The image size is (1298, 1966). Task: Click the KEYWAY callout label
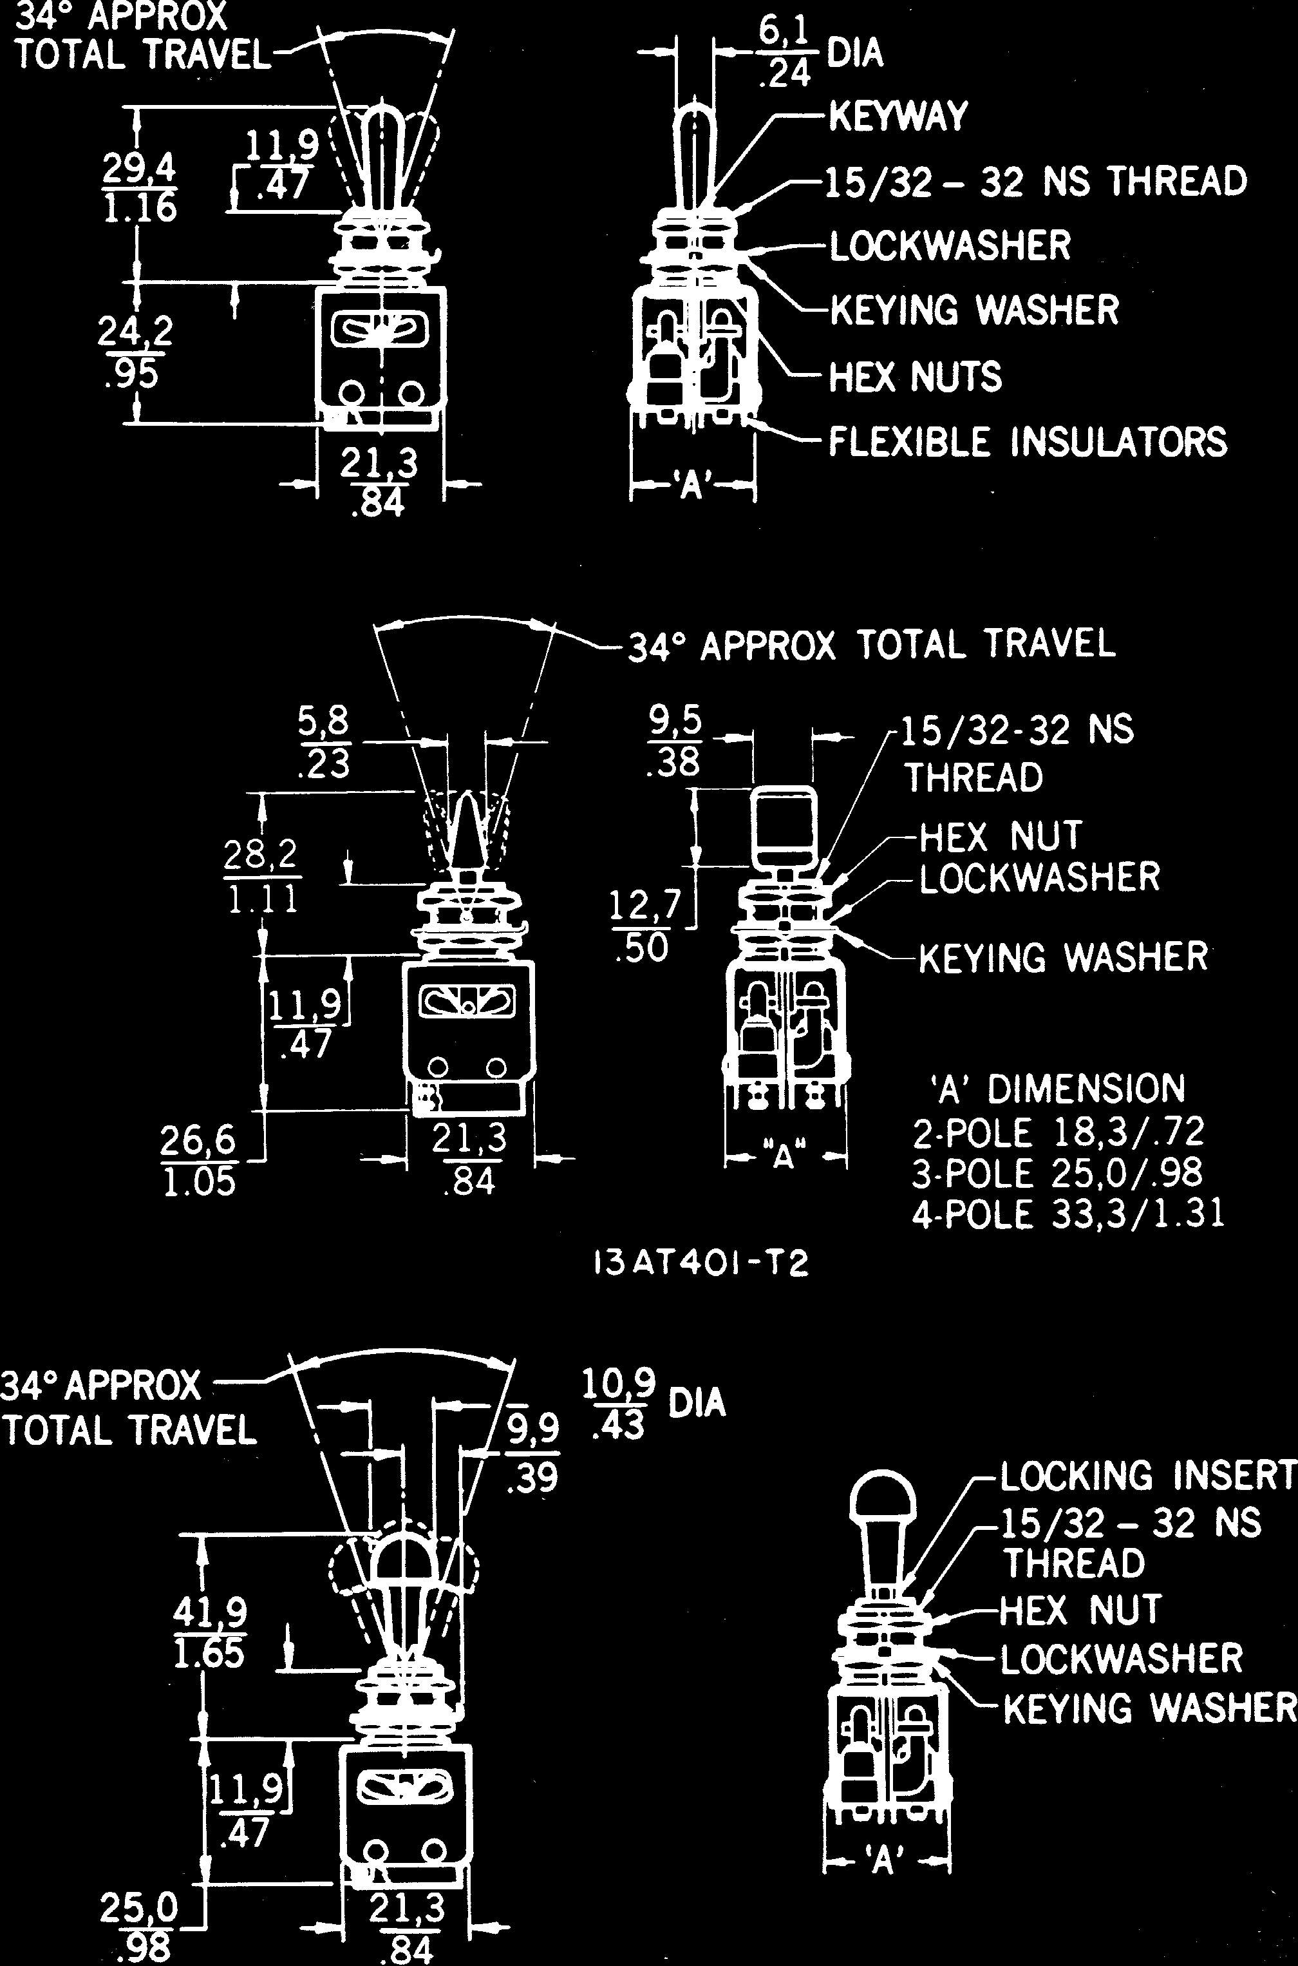coord(898,116)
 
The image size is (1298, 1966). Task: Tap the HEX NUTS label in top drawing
coord(916,377)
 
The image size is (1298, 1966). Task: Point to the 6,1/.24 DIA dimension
coord(820,53)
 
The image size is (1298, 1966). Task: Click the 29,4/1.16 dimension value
coord(139,188)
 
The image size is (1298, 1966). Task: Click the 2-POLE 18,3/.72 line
coord(1058,1132)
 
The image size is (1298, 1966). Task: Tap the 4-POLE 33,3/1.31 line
coord(1068,1214)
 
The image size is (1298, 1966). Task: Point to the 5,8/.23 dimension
coord(324,742)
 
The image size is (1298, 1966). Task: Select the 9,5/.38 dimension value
coord(675,742)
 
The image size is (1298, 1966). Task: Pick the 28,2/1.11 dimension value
coord(261,876)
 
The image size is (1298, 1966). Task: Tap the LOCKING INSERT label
coord(1147,1474)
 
